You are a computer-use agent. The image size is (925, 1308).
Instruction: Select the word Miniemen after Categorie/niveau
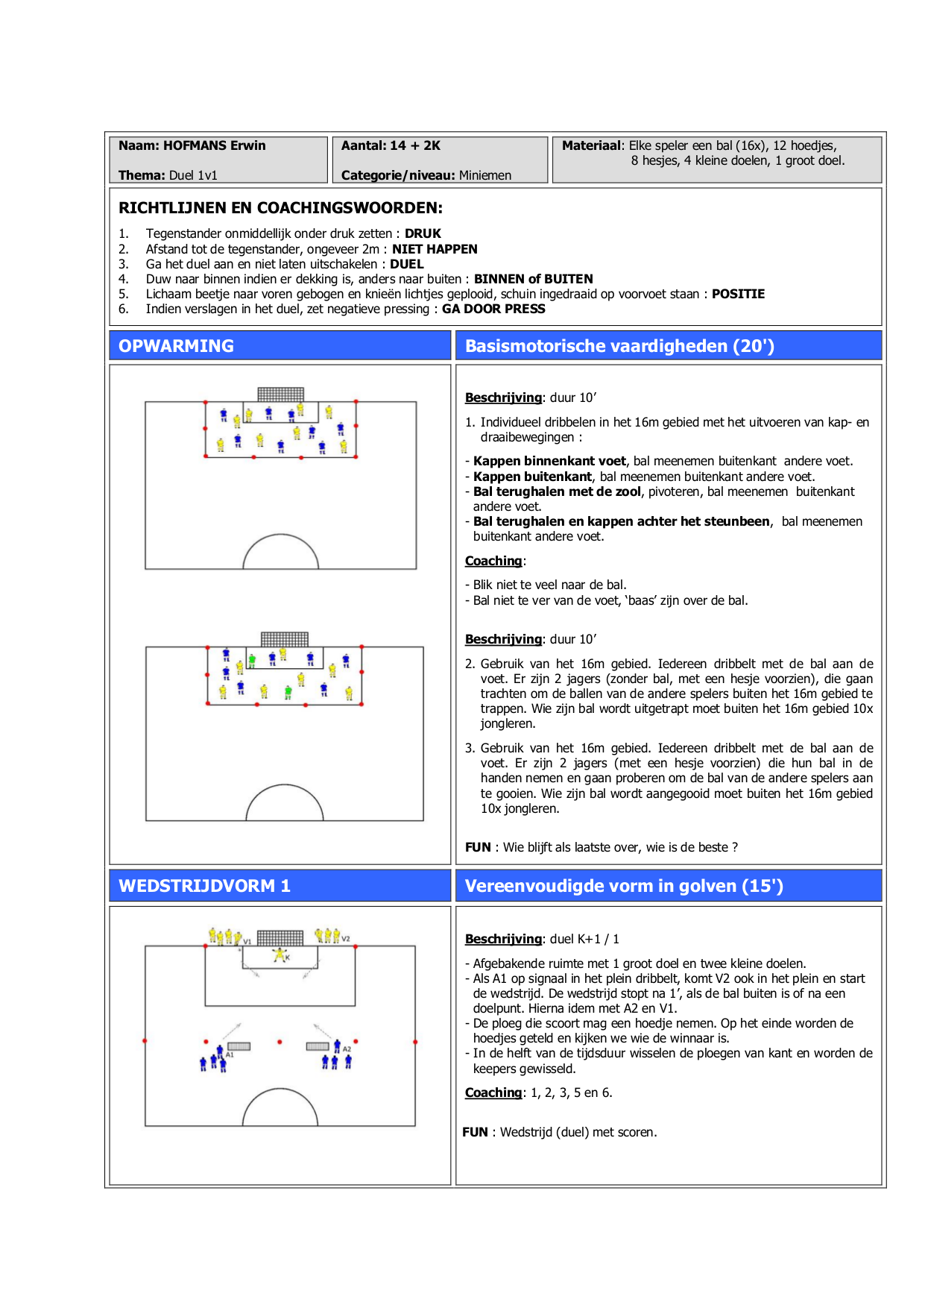pos(485,175)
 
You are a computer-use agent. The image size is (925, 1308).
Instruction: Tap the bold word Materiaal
pos(592,145)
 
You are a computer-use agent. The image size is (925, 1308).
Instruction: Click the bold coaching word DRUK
pos(423,233)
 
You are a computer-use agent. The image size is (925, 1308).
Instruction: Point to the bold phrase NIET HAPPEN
pos(435,249)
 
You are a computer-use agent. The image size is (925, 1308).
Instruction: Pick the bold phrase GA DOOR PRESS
pos(493,309)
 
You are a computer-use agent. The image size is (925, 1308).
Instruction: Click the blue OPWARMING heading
pos(176,346)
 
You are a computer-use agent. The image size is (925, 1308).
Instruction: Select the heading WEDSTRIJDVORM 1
pos(204,886)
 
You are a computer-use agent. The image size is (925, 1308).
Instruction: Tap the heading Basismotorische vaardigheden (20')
pos(619,346)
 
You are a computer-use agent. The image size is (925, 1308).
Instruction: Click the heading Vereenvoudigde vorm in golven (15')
pos(624,886)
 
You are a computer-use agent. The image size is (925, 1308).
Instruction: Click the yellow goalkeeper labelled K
pos(280,954)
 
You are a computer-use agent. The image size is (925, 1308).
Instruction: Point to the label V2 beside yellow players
pos(346,939)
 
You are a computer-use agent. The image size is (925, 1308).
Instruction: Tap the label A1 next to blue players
pos(230,1054)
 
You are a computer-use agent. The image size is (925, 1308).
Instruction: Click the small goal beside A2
pos(318,1046)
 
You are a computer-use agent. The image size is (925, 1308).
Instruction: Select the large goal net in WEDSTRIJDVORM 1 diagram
pos(280,937)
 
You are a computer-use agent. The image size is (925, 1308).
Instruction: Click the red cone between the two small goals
pos(280,1042)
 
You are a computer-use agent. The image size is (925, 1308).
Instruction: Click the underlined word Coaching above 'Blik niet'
pos(493,561)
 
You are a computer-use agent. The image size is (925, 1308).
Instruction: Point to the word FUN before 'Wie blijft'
pos(478,847)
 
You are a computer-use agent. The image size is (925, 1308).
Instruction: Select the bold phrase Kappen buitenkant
pos(532,477)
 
